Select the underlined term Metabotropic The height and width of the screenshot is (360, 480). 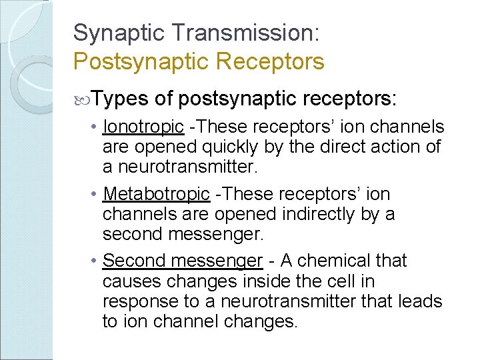pyautogui.click(x=157, y=194)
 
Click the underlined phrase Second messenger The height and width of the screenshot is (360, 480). pyautogui.click(x=183, y=260)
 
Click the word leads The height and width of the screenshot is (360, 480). pyautogui.click(x=419, y=302)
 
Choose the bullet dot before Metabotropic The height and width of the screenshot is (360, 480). pyautogui.click(x=97, y=195)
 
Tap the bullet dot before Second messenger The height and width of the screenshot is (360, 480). pyautogui.click(x=97, y=261)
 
